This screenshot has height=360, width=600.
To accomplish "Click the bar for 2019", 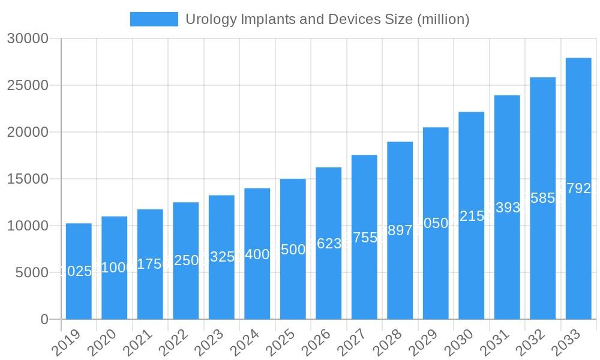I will tap(79, 271).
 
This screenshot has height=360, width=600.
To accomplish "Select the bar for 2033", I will tap(578, 188).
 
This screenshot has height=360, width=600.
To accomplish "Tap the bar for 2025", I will tap(293, 249).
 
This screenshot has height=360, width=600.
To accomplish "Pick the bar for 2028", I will tap(400, 230).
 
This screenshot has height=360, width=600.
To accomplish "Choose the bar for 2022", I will tap(186, 260).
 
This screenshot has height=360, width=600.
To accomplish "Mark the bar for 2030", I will tap(472, 215).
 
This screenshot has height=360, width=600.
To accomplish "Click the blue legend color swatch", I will tap(154, 19).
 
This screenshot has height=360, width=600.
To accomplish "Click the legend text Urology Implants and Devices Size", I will tap(327, 19).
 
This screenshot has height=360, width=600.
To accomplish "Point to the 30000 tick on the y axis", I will tap(28, 38).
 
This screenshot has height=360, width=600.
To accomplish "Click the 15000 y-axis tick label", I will tap(28, 179).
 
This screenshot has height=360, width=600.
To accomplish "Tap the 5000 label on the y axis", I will tap(31, 272).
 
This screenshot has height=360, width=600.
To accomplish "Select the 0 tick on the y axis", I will tap(44, 319).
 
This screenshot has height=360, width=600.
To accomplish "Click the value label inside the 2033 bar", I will tap(578, 188).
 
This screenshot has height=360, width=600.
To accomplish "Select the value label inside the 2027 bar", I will tap(364, 237).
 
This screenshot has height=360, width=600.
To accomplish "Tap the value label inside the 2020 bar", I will tap(115, 268).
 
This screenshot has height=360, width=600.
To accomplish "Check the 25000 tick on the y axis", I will tap(28, 85).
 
